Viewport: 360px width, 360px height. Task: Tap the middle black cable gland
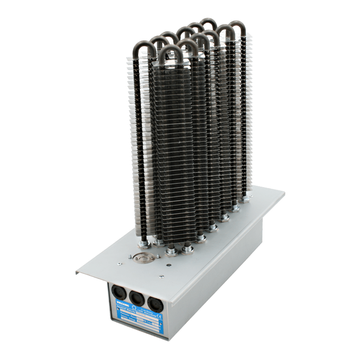[x=136, y=297]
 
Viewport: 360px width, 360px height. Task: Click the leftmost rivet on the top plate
[x=119, y=264]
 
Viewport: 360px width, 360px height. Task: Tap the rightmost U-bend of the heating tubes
[x=237, y=26]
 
